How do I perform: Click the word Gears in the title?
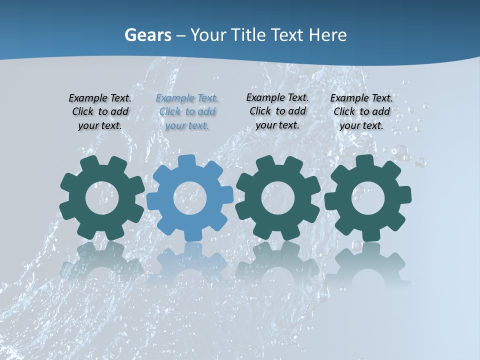pyautogui.click(x=147, y=35)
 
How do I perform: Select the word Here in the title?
pyautogui.click(x=327, y=35)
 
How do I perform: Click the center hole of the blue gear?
pyautogui.click(x=190, y=198)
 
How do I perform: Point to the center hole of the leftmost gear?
pyautogui.click(x=102, y=198)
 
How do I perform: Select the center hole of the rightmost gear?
pyautogui.click(x=367, y=198)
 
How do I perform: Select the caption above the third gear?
pyautogui.click(x=277, y=111)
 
